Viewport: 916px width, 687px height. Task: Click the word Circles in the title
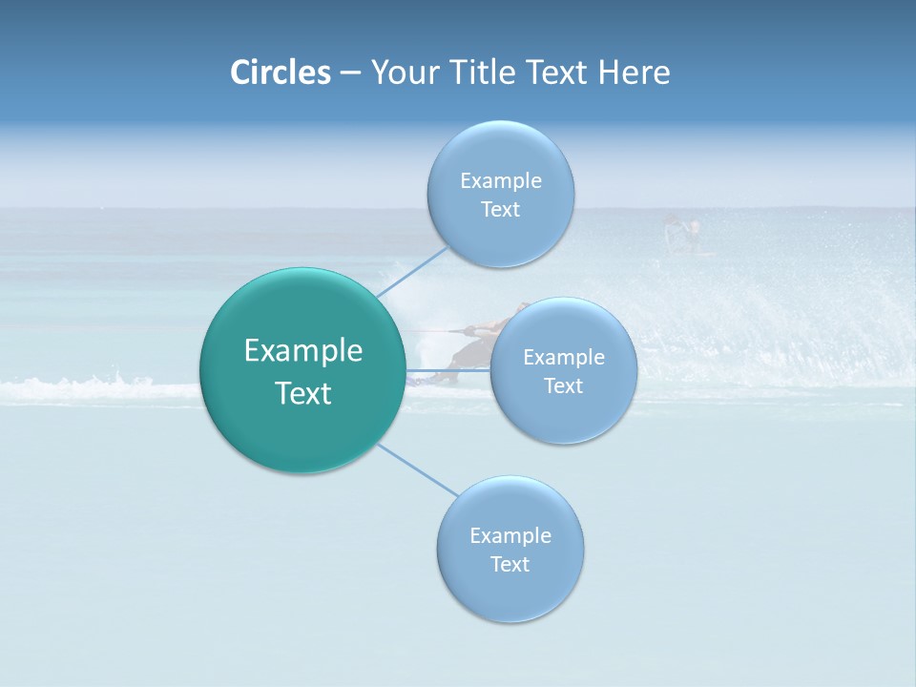(x=280, y=73)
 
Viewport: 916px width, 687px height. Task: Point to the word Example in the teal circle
(x=303, y=351)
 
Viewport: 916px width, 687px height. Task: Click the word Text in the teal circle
(x=303, y=393)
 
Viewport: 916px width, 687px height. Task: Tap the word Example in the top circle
(x=501, y=180)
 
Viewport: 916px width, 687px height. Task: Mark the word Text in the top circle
(x=501, y=210)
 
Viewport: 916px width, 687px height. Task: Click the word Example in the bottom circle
(x=510, y=535)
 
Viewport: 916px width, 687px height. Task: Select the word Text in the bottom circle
(x=510, y=565)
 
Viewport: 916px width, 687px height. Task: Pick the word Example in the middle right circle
(x=564, y=358)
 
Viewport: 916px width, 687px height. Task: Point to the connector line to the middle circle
(x=448, y=370)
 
